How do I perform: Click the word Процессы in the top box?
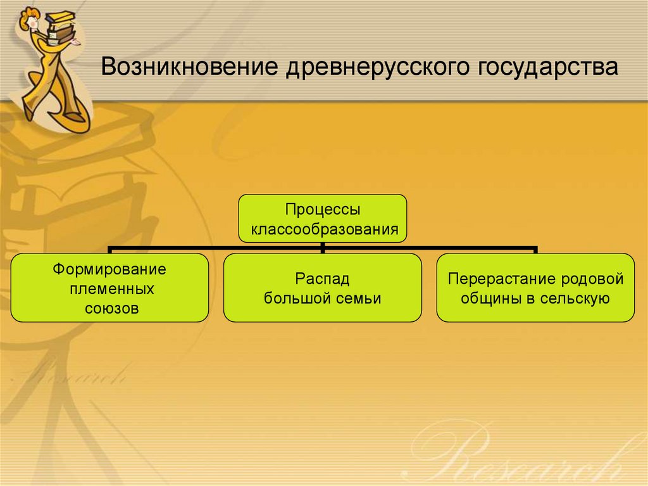pos(322,208)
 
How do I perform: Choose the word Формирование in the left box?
pos(109,269)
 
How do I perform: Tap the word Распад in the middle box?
pos(323,279)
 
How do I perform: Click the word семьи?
pos(359,298)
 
